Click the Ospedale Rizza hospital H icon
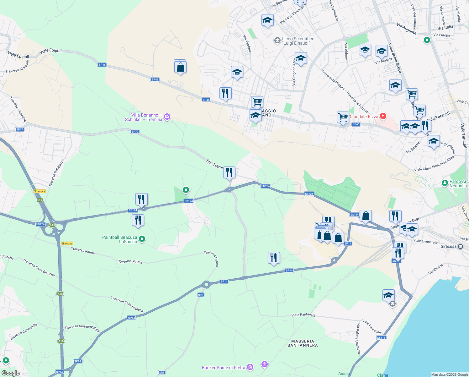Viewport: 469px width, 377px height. point(383,116)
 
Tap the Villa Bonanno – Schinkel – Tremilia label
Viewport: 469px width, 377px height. point(144,117)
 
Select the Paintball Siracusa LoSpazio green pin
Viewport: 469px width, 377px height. point(142,239)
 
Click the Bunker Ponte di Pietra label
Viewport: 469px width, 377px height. point(224,368)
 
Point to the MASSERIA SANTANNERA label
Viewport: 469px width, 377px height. point(303,343)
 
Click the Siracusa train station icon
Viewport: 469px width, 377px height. point(461,246)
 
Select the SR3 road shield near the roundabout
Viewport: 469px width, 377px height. point(201,295)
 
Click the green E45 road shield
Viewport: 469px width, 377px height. point(40,200)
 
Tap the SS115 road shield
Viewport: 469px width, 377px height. point(381,337)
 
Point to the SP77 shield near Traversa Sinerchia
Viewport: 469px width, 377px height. point(19,129)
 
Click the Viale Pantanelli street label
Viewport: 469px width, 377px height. point(303,315)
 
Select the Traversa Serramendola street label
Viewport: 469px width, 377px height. point(82,328)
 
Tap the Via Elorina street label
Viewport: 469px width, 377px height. point(436,269)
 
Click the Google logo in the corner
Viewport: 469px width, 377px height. point(10,373)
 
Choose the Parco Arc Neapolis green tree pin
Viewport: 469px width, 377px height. point(445,183)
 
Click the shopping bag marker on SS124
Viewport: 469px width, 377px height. point(366,216)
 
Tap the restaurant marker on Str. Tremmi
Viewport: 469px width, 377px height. point(229,172)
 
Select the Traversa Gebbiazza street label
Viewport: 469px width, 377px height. point(56,172)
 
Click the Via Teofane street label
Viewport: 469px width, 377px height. point(247,43)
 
